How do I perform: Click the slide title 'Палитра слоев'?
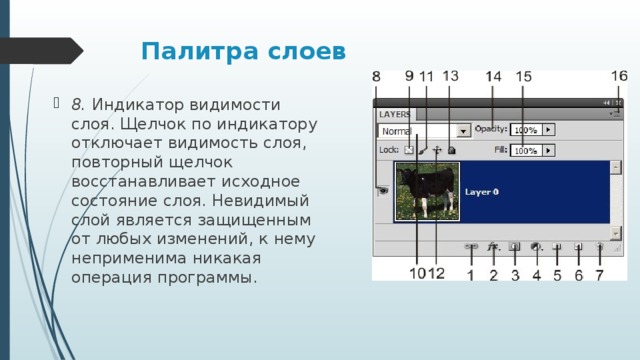243,51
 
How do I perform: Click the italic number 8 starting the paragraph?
77,103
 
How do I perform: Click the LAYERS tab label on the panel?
395,115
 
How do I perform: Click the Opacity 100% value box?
526,130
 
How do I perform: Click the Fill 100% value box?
526,150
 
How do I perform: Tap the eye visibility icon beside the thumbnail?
382,191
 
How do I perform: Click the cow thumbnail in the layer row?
425,191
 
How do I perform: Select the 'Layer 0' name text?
481,191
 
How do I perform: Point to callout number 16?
619,76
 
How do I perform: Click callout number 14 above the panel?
494,77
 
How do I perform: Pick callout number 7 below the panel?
600,274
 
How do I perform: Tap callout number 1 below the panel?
470,274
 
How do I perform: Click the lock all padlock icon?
452,150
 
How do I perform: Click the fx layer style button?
492,245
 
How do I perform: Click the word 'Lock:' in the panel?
389,150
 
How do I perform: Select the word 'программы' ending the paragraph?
215,276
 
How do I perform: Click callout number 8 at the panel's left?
376,77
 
